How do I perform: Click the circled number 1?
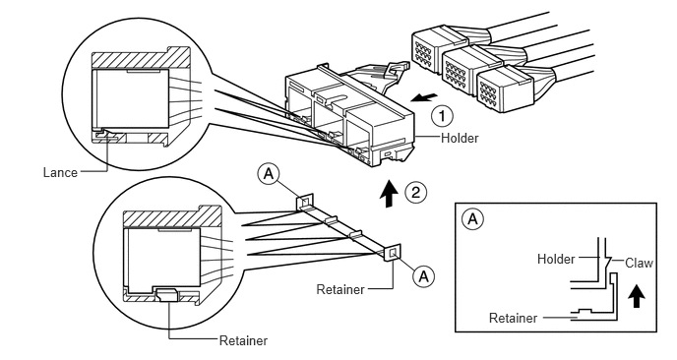[442, 116]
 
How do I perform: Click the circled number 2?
[415, 192]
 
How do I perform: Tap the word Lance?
[60, 173]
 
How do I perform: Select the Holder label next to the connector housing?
[460, 138]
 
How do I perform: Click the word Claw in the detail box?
[639, 263]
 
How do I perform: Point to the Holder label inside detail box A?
[556, 259]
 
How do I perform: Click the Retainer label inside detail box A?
[513, 318]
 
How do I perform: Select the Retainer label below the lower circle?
[243, 340]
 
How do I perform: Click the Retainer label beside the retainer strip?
[340, 289]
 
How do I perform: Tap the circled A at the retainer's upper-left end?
[269, 174]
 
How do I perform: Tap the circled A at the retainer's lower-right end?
[424, 275]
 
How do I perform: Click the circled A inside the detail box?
[472, 219]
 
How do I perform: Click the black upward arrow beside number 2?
[389, 194]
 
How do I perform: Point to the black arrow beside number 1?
[424, 97]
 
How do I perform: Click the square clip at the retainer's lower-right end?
[393, 253]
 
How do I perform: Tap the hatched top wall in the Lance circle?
[141, 58]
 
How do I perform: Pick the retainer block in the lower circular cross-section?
[169, 295]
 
